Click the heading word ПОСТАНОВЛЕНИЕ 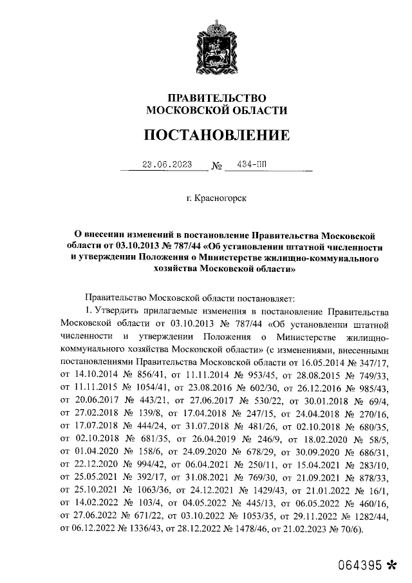[x=216, y=136]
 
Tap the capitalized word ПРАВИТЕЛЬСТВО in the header [x=216, y=97]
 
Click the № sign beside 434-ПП [x=216, y=166]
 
